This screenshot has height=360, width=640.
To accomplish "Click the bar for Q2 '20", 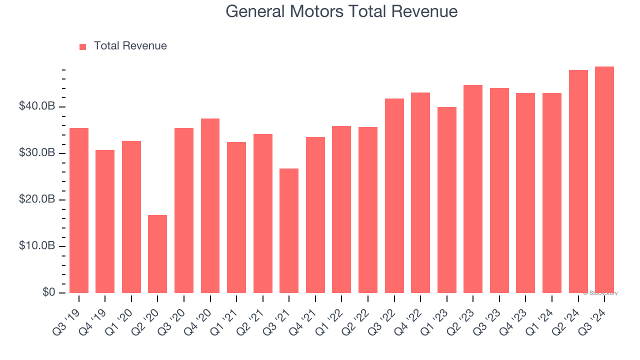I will pyautogui.click(x=157, y=254).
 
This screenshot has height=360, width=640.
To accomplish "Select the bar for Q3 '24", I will pyautogui.click(x=604, y=180).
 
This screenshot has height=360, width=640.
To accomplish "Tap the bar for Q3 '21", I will pyautogui.click(x=289, y=231).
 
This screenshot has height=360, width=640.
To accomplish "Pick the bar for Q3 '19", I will pyautogui.click(x=79, y=210).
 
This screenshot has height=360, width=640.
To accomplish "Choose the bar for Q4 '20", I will pyautogui.click(x=210, y=206).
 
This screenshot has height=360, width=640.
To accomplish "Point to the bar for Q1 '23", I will pyautogui.click(x=446, y=200).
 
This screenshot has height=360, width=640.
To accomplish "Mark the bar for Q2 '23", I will pyautogui.click(x=473, y=189).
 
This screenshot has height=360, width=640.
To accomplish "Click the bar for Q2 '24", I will pyautogui.click(x=578, y=181).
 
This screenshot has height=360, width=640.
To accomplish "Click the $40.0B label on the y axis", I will pyautogui.click(x=36, y=106).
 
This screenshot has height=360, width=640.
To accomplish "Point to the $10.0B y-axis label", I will pyautogui.click(x=36, y=246).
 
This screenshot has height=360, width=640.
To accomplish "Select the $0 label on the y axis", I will pyautogui.click(x=48, y=292).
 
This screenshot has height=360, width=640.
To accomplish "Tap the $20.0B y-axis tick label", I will pyautogui.click(x=36, y=199).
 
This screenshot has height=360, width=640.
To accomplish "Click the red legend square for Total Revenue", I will pyautogui.click(x=83, y=47).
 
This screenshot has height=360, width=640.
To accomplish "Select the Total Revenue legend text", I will pyautogui.click(x=130, y=46).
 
